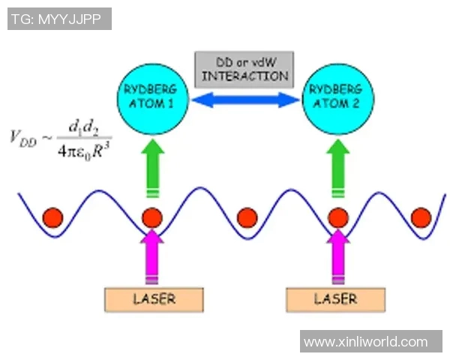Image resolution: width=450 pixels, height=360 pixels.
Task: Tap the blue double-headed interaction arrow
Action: (x=245, y=100)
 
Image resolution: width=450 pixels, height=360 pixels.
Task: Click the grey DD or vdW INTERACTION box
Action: (x=244, y=69)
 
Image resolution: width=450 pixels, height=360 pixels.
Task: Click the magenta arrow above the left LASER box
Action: (x=153, y=255)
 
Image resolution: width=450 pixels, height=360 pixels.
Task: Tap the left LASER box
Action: (x=154, y=298)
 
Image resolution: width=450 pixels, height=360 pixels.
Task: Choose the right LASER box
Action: (x=335, y=298)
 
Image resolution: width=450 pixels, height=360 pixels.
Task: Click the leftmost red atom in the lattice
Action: (x=53, y=217)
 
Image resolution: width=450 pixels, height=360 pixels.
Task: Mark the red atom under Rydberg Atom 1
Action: (x=153, y=217)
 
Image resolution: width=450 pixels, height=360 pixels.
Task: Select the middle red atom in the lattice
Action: (x=247, y=217)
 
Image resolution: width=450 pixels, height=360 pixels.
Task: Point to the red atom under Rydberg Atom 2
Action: (x=337, y=217)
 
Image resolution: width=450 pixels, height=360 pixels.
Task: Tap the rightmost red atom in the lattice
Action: (x=421, y=217)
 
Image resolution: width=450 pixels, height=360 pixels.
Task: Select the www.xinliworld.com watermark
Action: (x=365, y=341)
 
